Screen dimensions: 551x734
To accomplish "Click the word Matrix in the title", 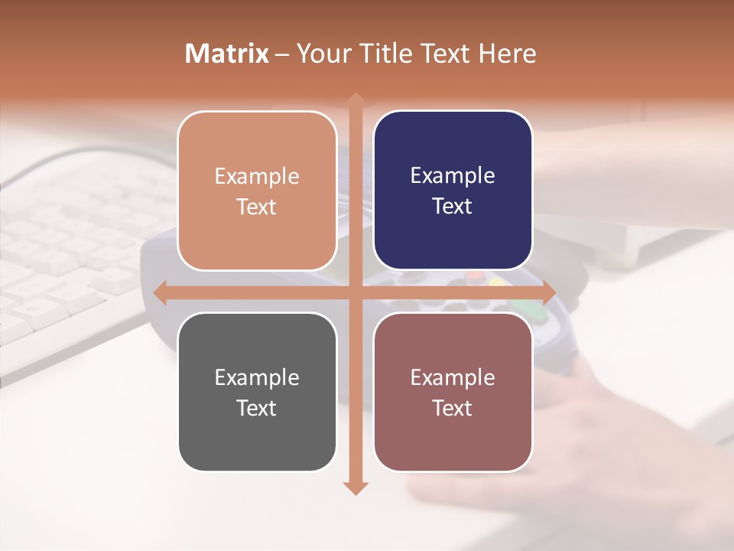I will point(227,54).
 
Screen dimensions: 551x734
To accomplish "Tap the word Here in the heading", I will point(507,54).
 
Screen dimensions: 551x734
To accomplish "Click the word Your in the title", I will point(321,54).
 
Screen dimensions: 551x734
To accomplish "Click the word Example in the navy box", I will point(453,176).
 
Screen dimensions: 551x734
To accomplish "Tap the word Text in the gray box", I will point(257,408).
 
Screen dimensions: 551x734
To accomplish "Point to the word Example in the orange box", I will point(257,176).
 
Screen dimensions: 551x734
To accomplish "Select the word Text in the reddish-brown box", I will point(453,408).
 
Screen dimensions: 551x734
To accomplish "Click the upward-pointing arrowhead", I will point(355,99).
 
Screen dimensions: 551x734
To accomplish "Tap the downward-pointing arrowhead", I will point(355,487).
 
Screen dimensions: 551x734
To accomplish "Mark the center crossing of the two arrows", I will point(355,292).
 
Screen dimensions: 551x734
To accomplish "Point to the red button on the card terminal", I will point(476,275).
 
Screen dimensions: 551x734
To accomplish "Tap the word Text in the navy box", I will point(453,207).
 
